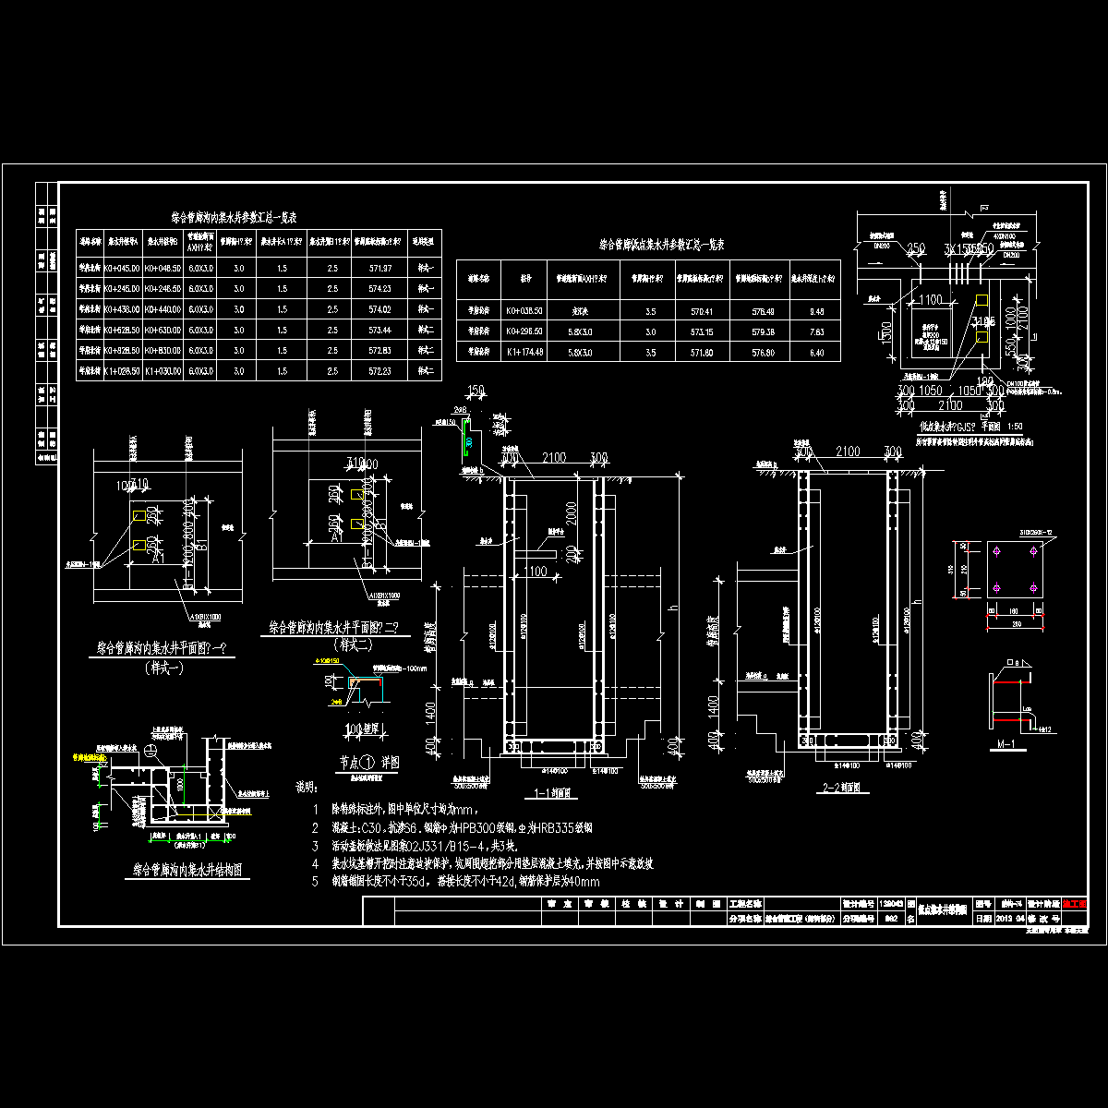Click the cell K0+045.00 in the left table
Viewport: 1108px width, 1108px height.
[x=123, y=268]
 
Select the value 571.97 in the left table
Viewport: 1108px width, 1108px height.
[x=379, y=268]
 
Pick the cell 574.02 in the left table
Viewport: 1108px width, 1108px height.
[x=379, y=309]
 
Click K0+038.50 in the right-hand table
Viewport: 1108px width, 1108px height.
[x=524, y=311]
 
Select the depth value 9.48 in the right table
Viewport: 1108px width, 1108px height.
[x=815, y=311]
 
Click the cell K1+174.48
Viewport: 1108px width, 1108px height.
[x=524, y=352]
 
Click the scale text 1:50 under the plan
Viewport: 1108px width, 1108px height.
[x=1016, y=427]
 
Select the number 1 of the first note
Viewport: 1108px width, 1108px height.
[x=315, y=809]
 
